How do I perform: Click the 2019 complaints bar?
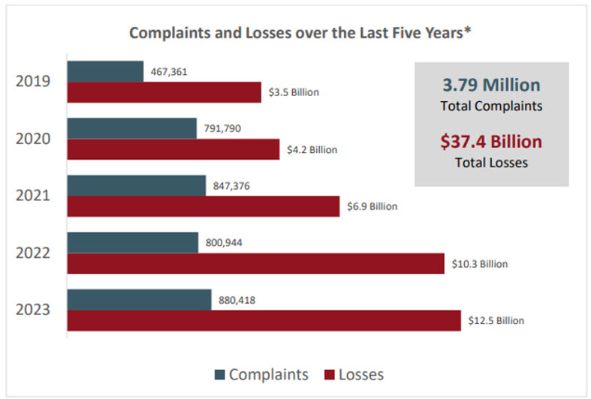point(105,72)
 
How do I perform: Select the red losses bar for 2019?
point(164,92)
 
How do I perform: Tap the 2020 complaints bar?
point(132,128)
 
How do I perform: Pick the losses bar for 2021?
point(204,206)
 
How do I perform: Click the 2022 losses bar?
point(256,263)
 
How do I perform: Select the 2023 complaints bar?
point(139,300)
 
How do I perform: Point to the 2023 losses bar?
point(264,320)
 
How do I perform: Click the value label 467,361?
point(169,72)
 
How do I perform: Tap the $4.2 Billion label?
point(312,150)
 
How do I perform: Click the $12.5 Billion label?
point(496,321)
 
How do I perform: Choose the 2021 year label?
point(33,196)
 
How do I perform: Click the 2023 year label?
point(33,310)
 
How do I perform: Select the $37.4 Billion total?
point(491,142)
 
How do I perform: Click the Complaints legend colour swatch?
point(219,374)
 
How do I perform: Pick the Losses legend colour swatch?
point(328,374)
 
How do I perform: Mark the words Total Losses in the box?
point(491,162)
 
